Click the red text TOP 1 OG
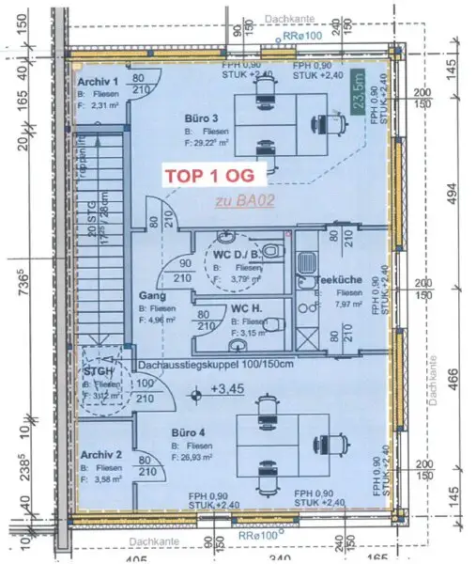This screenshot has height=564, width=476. click(215, 175)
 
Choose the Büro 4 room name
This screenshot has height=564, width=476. click(191, 434)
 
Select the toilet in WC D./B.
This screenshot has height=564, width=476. click(272, 252)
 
